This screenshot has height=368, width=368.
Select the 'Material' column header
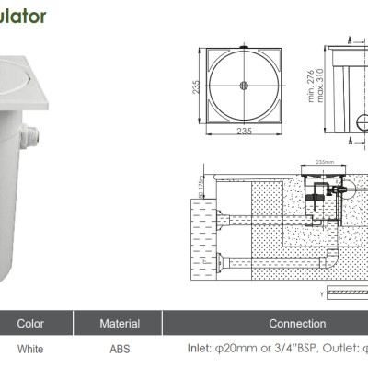(x=120, y=324)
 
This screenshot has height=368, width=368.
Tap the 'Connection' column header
(x=296, y=324)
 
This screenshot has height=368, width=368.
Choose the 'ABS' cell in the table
(x=120, y=350)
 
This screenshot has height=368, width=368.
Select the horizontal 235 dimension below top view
(x=244, y=132)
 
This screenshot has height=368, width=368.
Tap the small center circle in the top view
(x=244, y=86)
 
